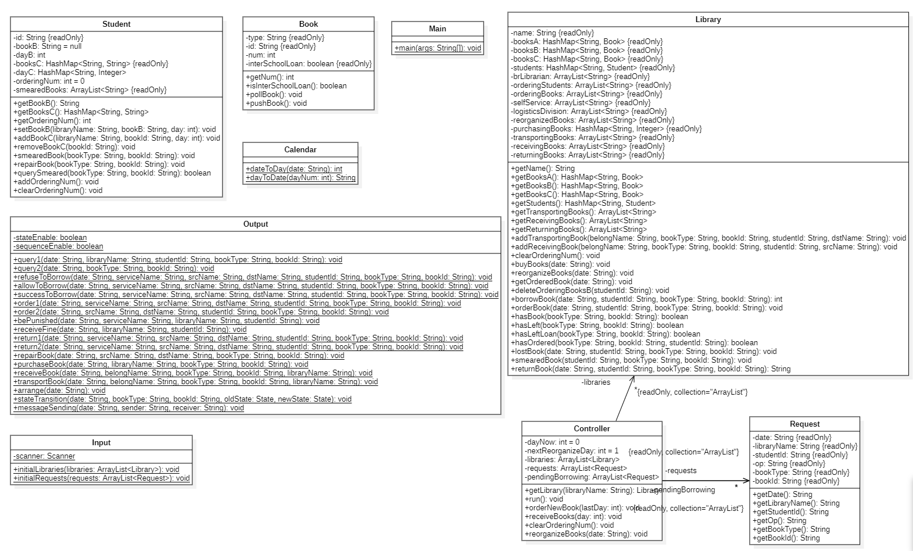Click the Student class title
coord(116,24)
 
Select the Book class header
coord(308,24)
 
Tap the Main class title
coord(437,28)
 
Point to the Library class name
coord(708,19)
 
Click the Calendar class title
coord(300,149)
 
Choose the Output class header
coord(255,224)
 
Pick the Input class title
coord(101,442)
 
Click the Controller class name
coord(592,428)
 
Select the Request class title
coord(804,424)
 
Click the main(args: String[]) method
coord(438,48)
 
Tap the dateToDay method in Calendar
coord(294,169)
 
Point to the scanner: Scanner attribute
coord(44,456)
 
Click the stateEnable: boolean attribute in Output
coord(50,237)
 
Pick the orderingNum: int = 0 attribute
coord(49,81)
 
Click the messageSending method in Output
coord(128,407)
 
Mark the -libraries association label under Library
coord(596,382)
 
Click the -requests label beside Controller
coord(681,470)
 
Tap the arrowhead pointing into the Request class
coord(746,481)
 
